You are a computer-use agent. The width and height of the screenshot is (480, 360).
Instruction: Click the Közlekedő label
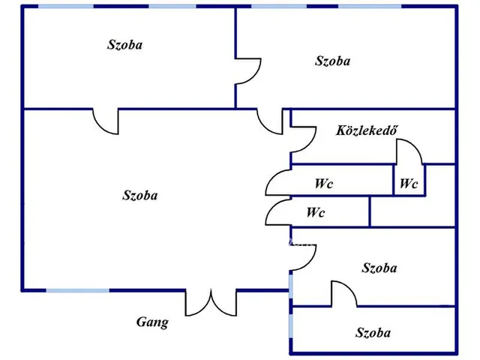click(367, 130)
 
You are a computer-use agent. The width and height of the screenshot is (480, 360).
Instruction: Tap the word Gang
click(152, 322)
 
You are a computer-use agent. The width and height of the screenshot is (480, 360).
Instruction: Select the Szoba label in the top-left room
click(125, 45)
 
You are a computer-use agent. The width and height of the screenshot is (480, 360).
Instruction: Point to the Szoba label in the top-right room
click(333, 61)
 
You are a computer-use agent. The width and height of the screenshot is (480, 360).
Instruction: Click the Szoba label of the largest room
click(140, 195)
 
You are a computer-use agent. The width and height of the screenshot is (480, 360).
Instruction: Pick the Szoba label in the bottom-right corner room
click(373, 333)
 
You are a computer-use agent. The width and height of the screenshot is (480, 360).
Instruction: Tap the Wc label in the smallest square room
click(409, 184)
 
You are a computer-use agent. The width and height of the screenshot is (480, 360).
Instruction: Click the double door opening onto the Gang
click(211, 303)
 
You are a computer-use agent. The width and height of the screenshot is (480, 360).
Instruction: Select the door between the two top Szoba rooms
click(248, 71)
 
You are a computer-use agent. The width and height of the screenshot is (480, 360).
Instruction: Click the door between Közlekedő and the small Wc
click(410, 151)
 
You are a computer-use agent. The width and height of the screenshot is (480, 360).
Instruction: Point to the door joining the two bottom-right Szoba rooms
click(344, 294)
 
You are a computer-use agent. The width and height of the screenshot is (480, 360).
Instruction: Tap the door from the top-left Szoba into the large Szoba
click(106, 121)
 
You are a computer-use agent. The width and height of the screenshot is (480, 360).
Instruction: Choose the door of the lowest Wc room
click(278, 213)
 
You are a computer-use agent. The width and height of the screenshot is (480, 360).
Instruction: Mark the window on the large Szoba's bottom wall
click(78, 290)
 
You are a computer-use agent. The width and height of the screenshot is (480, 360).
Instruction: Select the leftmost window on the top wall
click(66, 6)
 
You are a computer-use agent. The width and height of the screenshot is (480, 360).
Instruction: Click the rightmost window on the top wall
click(370, 6)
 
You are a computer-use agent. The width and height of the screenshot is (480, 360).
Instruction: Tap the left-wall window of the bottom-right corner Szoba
click(290, 322)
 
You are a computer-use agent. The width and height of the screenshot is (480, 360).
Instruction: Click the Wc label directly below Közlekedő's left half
click(324, 184)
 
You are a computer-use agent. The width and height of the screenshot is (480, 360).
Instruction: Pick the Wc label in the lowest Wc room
click(316, 212)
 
